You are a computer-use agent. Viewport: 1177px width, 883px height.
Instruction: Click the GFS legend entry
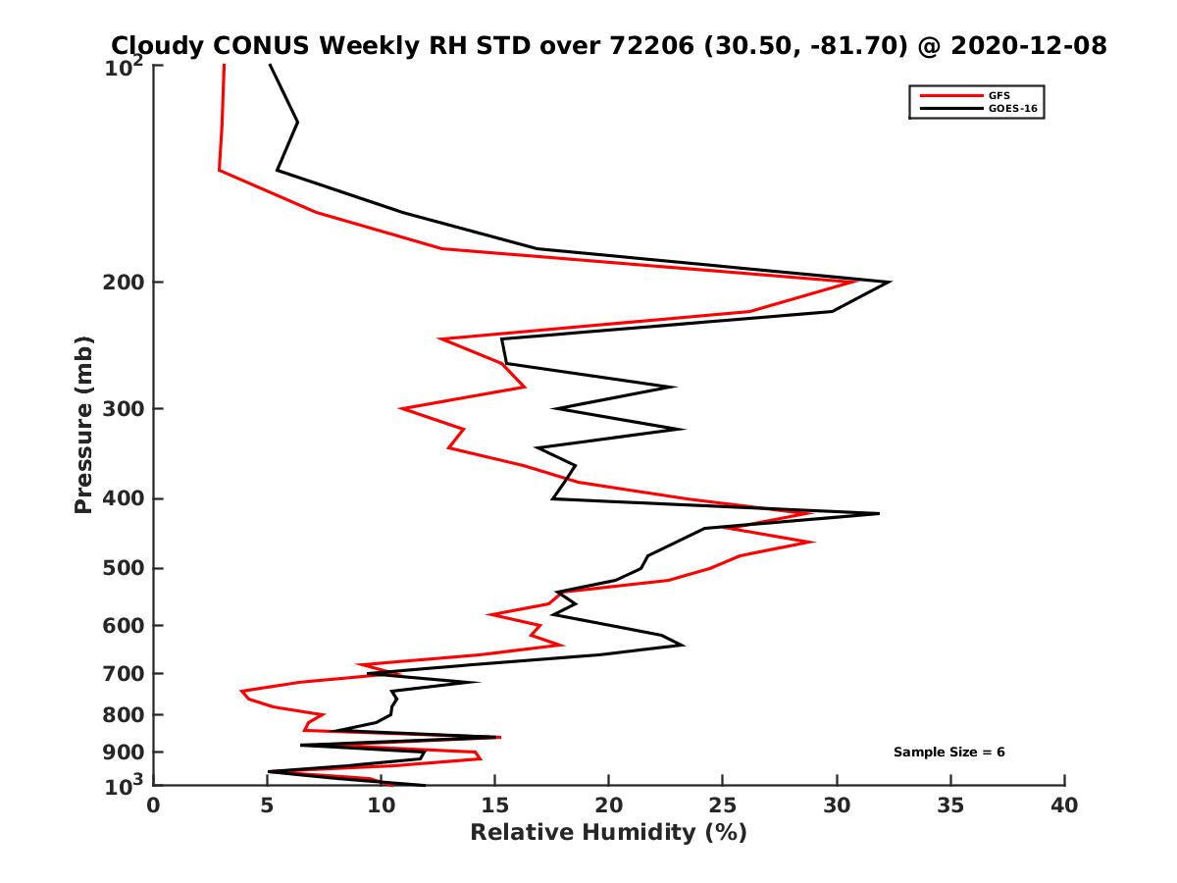click(1001, 95)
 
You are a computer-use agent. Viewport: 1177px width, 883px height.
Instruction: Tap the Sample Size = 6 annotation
click(948, 753)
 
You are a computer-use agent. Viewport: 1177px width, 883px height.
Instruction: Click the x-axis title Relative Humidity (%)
click(608, 833)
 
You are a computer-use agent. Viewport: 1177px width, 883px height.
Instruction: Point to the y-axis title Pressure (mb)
click(83, 424)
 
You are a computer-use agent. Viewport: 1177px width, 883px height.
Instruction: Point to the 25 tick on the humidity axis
click(723, 806)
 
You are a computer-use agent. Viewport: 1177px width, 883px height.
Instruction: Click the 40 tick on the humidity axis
click(1064, 806)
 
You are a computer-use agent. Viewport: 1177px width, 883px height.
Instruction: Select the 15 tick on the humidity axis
click(494, 806)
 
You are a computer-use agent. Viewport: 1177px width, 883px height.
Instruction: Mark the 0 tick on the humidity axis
click(154, 806)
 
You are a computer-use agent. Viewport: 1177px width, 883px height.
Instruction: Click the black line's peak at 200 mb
click(889, 283)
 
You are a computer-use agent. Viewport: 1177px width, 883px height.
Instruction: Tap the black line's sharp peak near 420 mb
click(878, 513)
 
